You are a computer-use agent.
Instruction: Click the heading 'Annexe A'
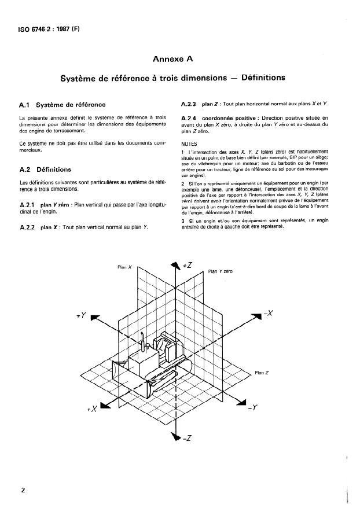coord(180,58)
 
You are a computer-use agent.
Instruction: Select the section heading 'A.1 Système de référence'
coord(62,105)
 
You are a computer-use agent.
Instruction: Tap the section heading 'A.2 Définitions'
coord(45,170)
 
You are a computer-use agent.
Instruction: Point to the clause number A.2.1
coord(28,205)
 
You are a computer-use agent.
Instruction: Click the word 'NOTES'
coord(189,144)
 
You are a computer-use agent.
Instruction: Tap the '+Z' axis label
coord(188,264)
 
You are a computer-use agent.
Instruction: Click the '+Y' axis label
coord(81,316)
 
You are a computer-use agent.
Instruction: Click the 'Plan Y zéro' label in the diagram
coord(220,271)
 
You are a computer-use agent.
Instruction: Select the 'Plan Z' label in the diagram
coord(262,373)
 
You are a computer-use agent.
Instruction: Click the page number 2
coord(23,490)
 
